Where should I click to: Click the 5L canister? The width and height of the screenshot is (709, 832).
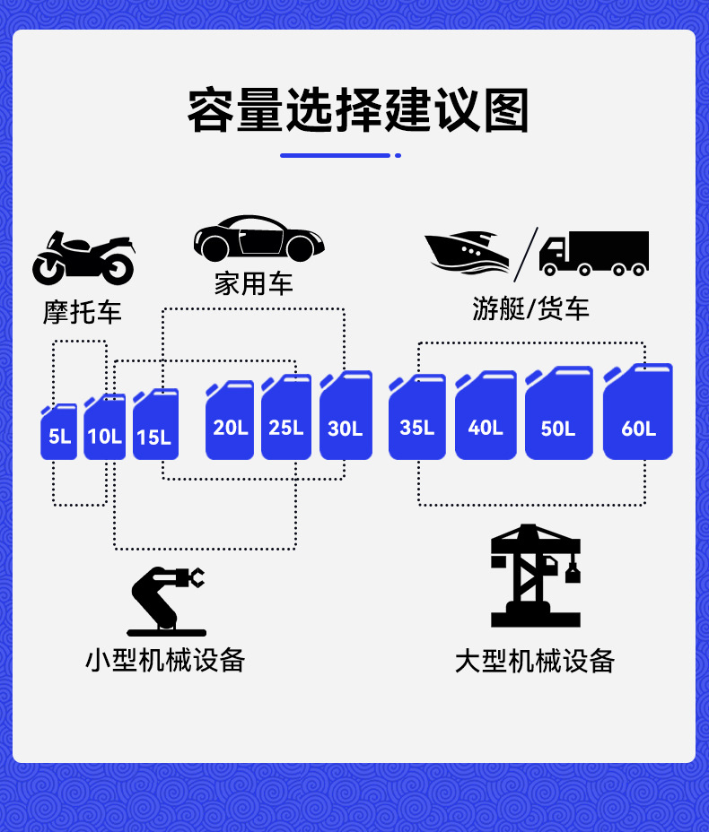(59, 433)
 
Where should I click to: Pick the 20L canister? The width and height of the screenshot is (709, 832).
(230, 421)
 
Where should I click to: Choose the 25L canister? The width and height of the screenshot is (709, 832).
(286, 419)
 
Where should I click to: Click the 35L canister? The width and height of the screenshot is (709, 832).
(417, 419)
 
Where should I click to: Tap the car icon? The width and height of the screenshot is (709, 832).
(258, 238)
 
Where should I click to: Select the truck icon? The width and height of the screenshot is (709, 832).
(594, 253)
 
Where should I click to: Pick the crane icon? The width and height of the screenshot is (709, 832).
(537, 576)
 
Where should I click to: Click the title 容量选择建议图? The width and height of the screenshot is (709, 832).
(357, 111)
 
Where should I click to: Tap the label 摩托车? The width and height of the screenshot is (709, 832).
(83, 312)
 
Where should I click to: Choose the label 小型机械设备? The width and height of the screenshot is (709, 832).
(165, 660)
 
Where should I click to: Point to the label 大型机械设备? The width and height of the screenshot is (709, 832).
(535, 662)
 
